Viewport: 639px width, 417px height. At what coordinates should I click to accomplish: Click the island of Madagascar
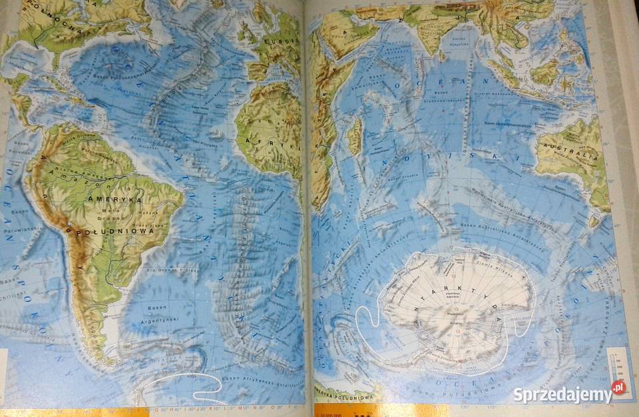(355, 136)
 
